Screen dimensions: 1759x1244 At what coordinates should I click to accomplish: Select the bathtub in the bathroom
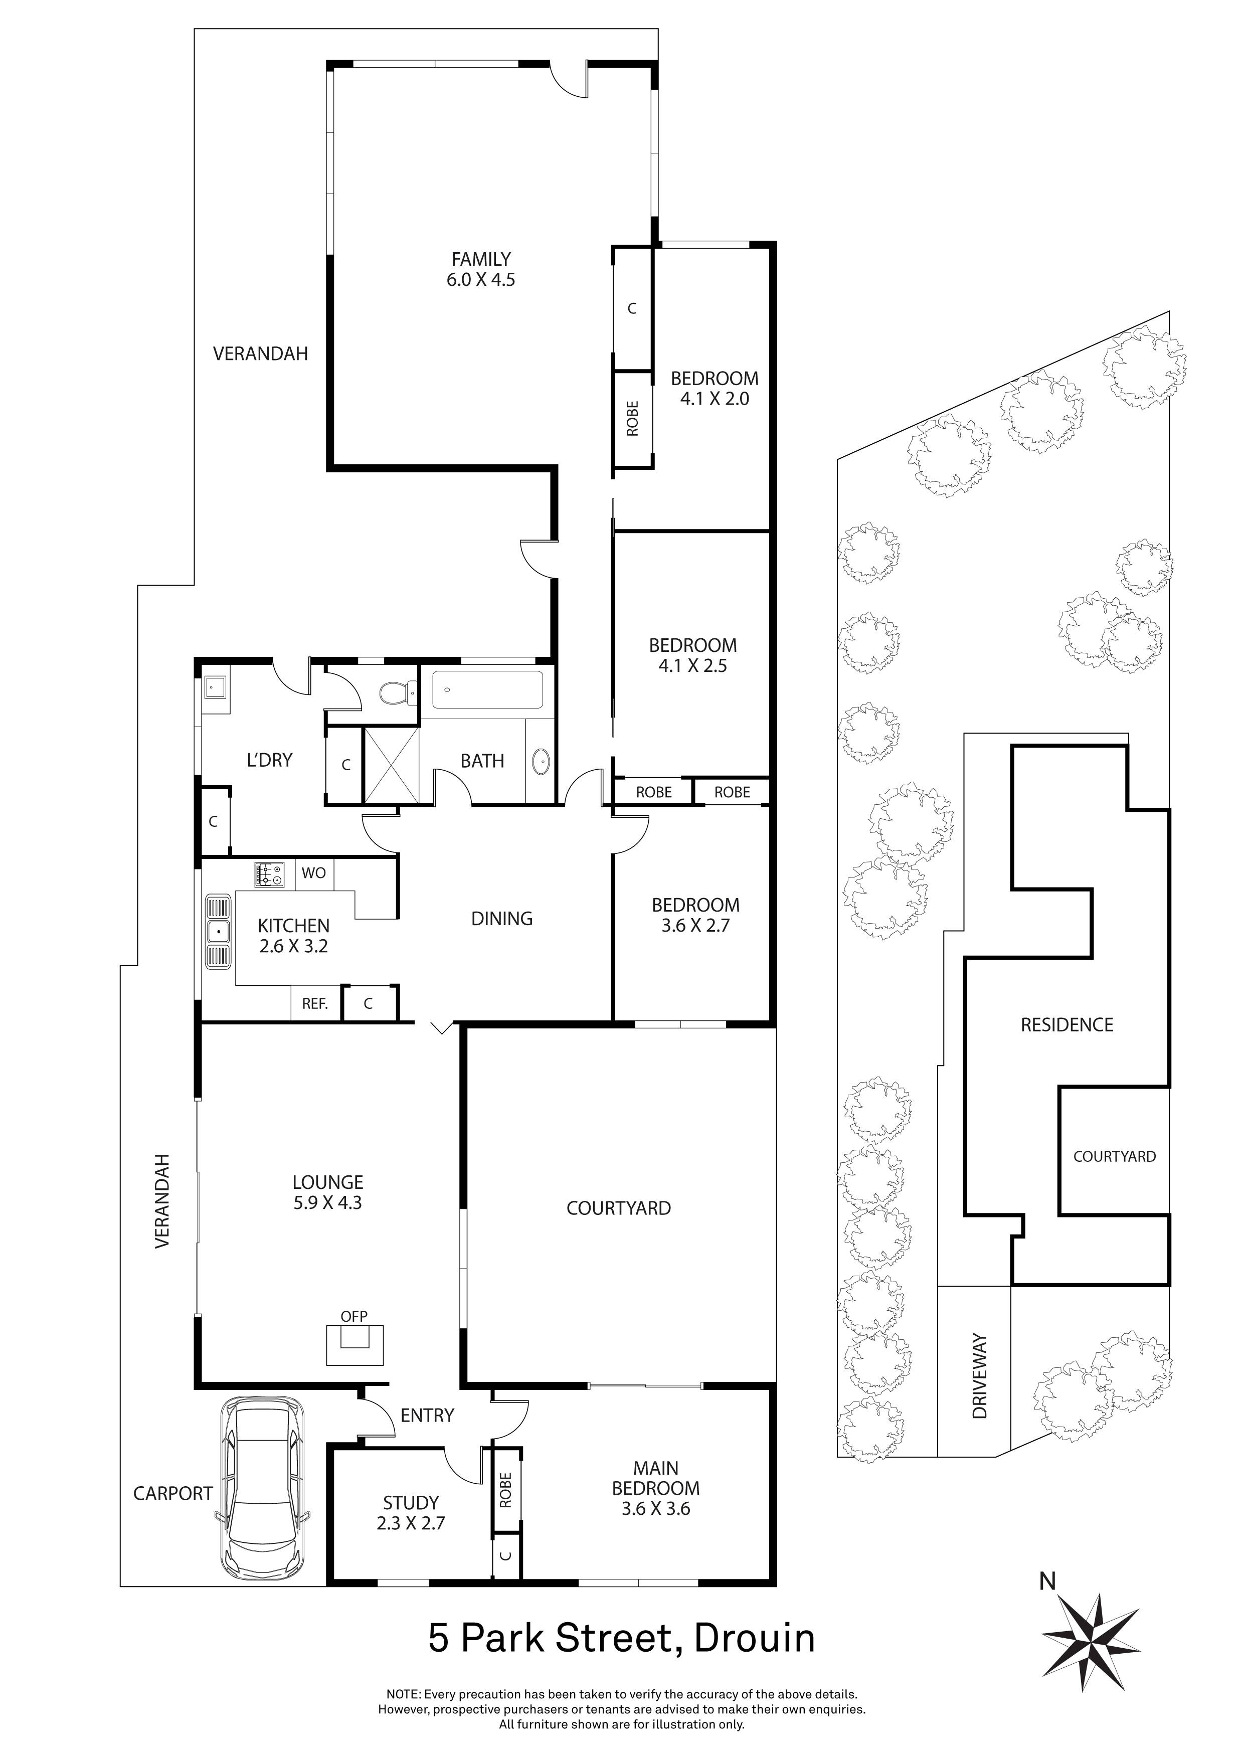(x=487, y=689)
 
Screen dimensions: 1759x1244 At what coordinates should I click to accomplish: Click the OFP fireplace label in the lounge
(x=354, y=1316)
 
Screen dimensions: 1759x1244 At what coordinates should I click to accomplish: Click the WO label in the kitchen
(x=313, y=872)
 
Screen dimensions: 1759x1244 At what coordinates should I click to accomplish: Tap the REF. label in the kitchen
(x=315, y=1004)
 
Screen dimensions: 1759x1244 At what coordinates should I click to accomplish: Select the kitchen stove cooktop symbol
(x=269, y=874)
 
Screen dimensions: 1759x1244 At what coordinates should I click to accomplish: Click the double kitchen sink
(x=218, y=932)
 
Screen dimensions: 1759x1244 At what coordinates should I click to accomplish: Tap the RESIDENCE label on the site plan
(x=1067, y=1024)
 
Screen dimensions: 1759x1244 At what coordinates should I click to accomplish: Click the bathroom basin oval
(x=540, y=762)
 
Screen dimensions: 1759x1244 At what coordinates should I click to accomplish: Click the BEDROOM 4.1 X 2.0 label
(x=714, y=388)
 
